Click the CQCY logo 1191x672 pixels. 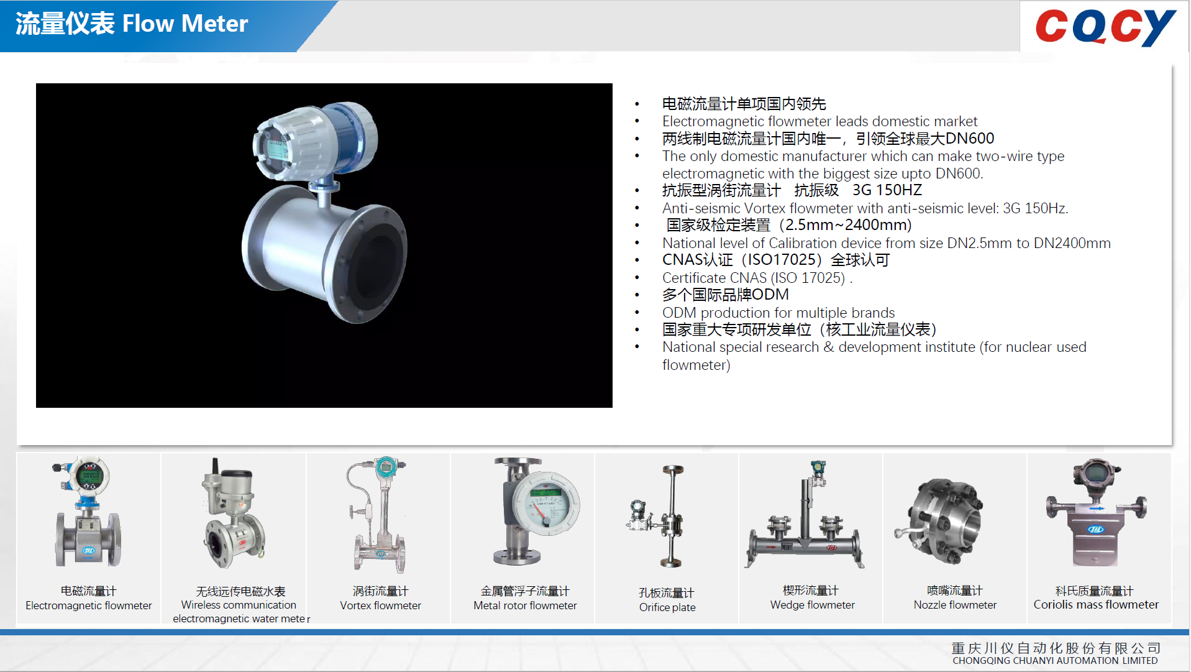point(1105,27)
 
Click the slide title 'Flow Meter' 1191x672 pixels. point(185,24)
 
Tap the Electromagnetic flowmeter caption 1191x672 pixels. point(88,605)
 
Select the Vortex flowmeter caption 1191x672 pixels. point(380,605)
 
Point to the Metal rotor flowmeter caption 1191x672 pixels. point(525,605)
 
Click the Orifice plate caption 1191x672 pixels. point(667,607)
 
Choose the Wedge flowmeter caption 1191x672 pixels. point(812,604)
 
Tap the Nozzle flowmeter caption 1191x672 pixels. point(955,604)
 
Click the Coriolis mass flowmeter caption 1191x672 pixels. point(1096,604)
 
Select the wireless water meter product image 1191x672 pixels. point(233,516)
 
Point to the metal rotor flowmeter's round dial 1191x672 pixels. point(547,504)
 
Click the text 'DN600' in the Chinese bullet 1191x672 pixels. point(969,138)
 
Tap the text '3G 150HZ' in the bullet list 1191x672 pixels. point(887,190)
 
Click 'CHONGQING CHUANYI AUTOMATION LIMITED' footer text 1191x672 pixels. point(1055,661)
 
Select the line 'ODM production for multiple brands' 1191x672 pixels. point(778,313)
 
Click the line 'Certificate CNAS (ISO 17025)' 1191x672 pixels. point(753,278)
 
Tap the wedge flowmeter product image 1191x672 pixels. point(805,522)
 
